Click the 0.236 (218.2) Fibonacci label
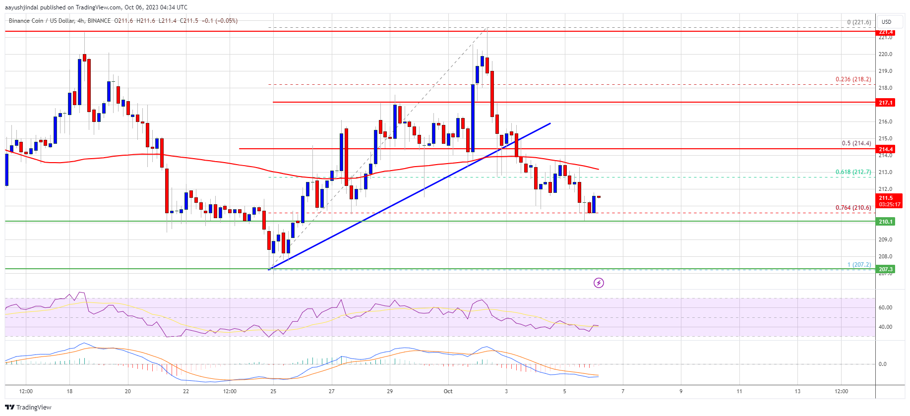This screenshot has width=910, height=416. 853,79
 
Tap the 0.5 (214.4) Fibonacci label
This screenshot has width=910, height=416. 856,143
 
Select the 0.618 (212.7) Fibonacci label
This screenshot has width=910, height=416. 853,172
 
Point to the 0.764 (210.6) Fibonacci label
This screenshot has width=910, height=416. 853,208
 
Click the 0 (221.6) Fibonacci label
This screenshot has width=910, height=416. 859,22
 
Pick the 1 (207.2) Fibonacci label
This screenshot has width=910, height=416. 859,265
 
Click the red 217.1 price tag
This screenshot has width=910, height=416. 886,103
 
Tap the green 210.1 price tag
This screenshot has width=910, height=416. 886,222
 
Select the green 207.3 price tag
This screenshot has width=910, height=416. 886,269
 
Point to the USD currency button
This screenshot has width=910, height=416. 886,22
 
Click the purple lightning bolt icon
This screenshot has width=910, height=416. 599,283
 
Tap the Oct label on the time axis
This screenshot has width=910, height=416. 448,391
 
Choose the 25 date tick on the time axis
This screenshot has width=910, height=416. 273,391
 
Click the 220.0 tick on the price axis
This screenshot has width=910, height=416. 885,55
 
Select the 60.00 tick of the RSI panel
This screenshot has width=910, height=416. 885,307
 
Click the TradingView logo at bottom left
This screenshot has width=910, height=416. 28,407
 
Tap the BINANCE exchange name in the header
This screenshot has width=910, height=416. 99,21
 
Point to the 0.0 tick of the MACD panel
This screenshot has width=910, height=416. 883,364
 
